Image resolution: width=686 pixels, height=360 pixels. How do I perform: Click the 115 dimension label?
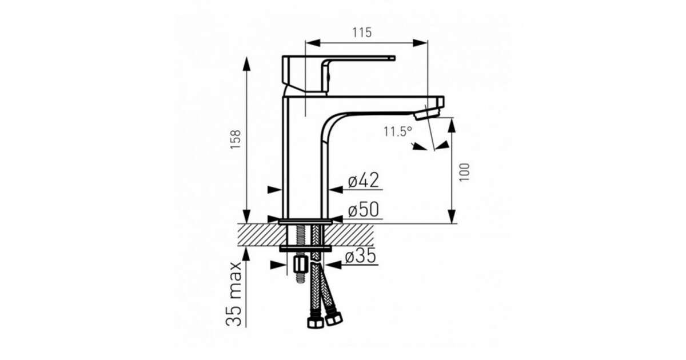362,33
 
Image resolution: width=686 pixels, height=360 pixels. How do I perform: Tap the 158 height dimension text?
236,139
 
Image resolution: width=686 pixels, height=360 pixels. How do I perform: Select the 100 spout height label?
464,172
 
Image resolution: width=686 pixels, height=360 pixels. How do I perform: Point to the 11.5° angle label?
398,131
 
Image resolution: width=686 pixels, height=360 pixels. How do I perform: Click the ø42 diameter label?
364,180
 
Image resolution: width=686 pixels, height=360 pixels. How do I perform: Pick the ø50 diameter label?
364,210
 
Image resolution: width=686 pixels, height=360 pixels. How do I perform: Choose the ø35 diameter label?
361,255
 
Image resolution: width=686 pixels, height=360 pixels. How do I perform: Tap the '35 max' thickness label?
234,294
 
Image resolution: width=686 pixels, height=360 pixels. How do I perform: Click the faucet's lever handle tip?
393,58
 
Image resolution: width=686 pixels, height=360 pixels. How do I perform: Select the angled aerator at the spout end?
426,114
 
